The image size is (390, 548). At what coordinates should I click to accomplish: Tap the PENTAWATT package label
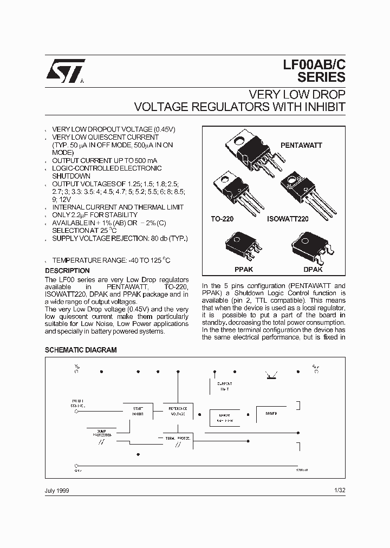click(301, 146)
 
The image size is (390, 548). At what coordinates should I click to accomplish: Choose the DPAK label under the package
click(313, 269)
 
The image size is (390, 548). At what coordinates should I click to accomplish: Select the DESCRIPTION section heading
click(67, 271)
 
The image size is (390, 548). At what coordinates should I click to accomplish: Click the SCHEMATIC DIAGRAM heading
click(80, 350)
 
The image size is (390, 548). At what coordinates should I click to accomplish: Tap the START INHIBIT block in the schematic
click(138, 410)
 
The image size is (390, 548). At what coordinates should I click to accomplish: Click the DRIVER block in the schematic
click(271, 414)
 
